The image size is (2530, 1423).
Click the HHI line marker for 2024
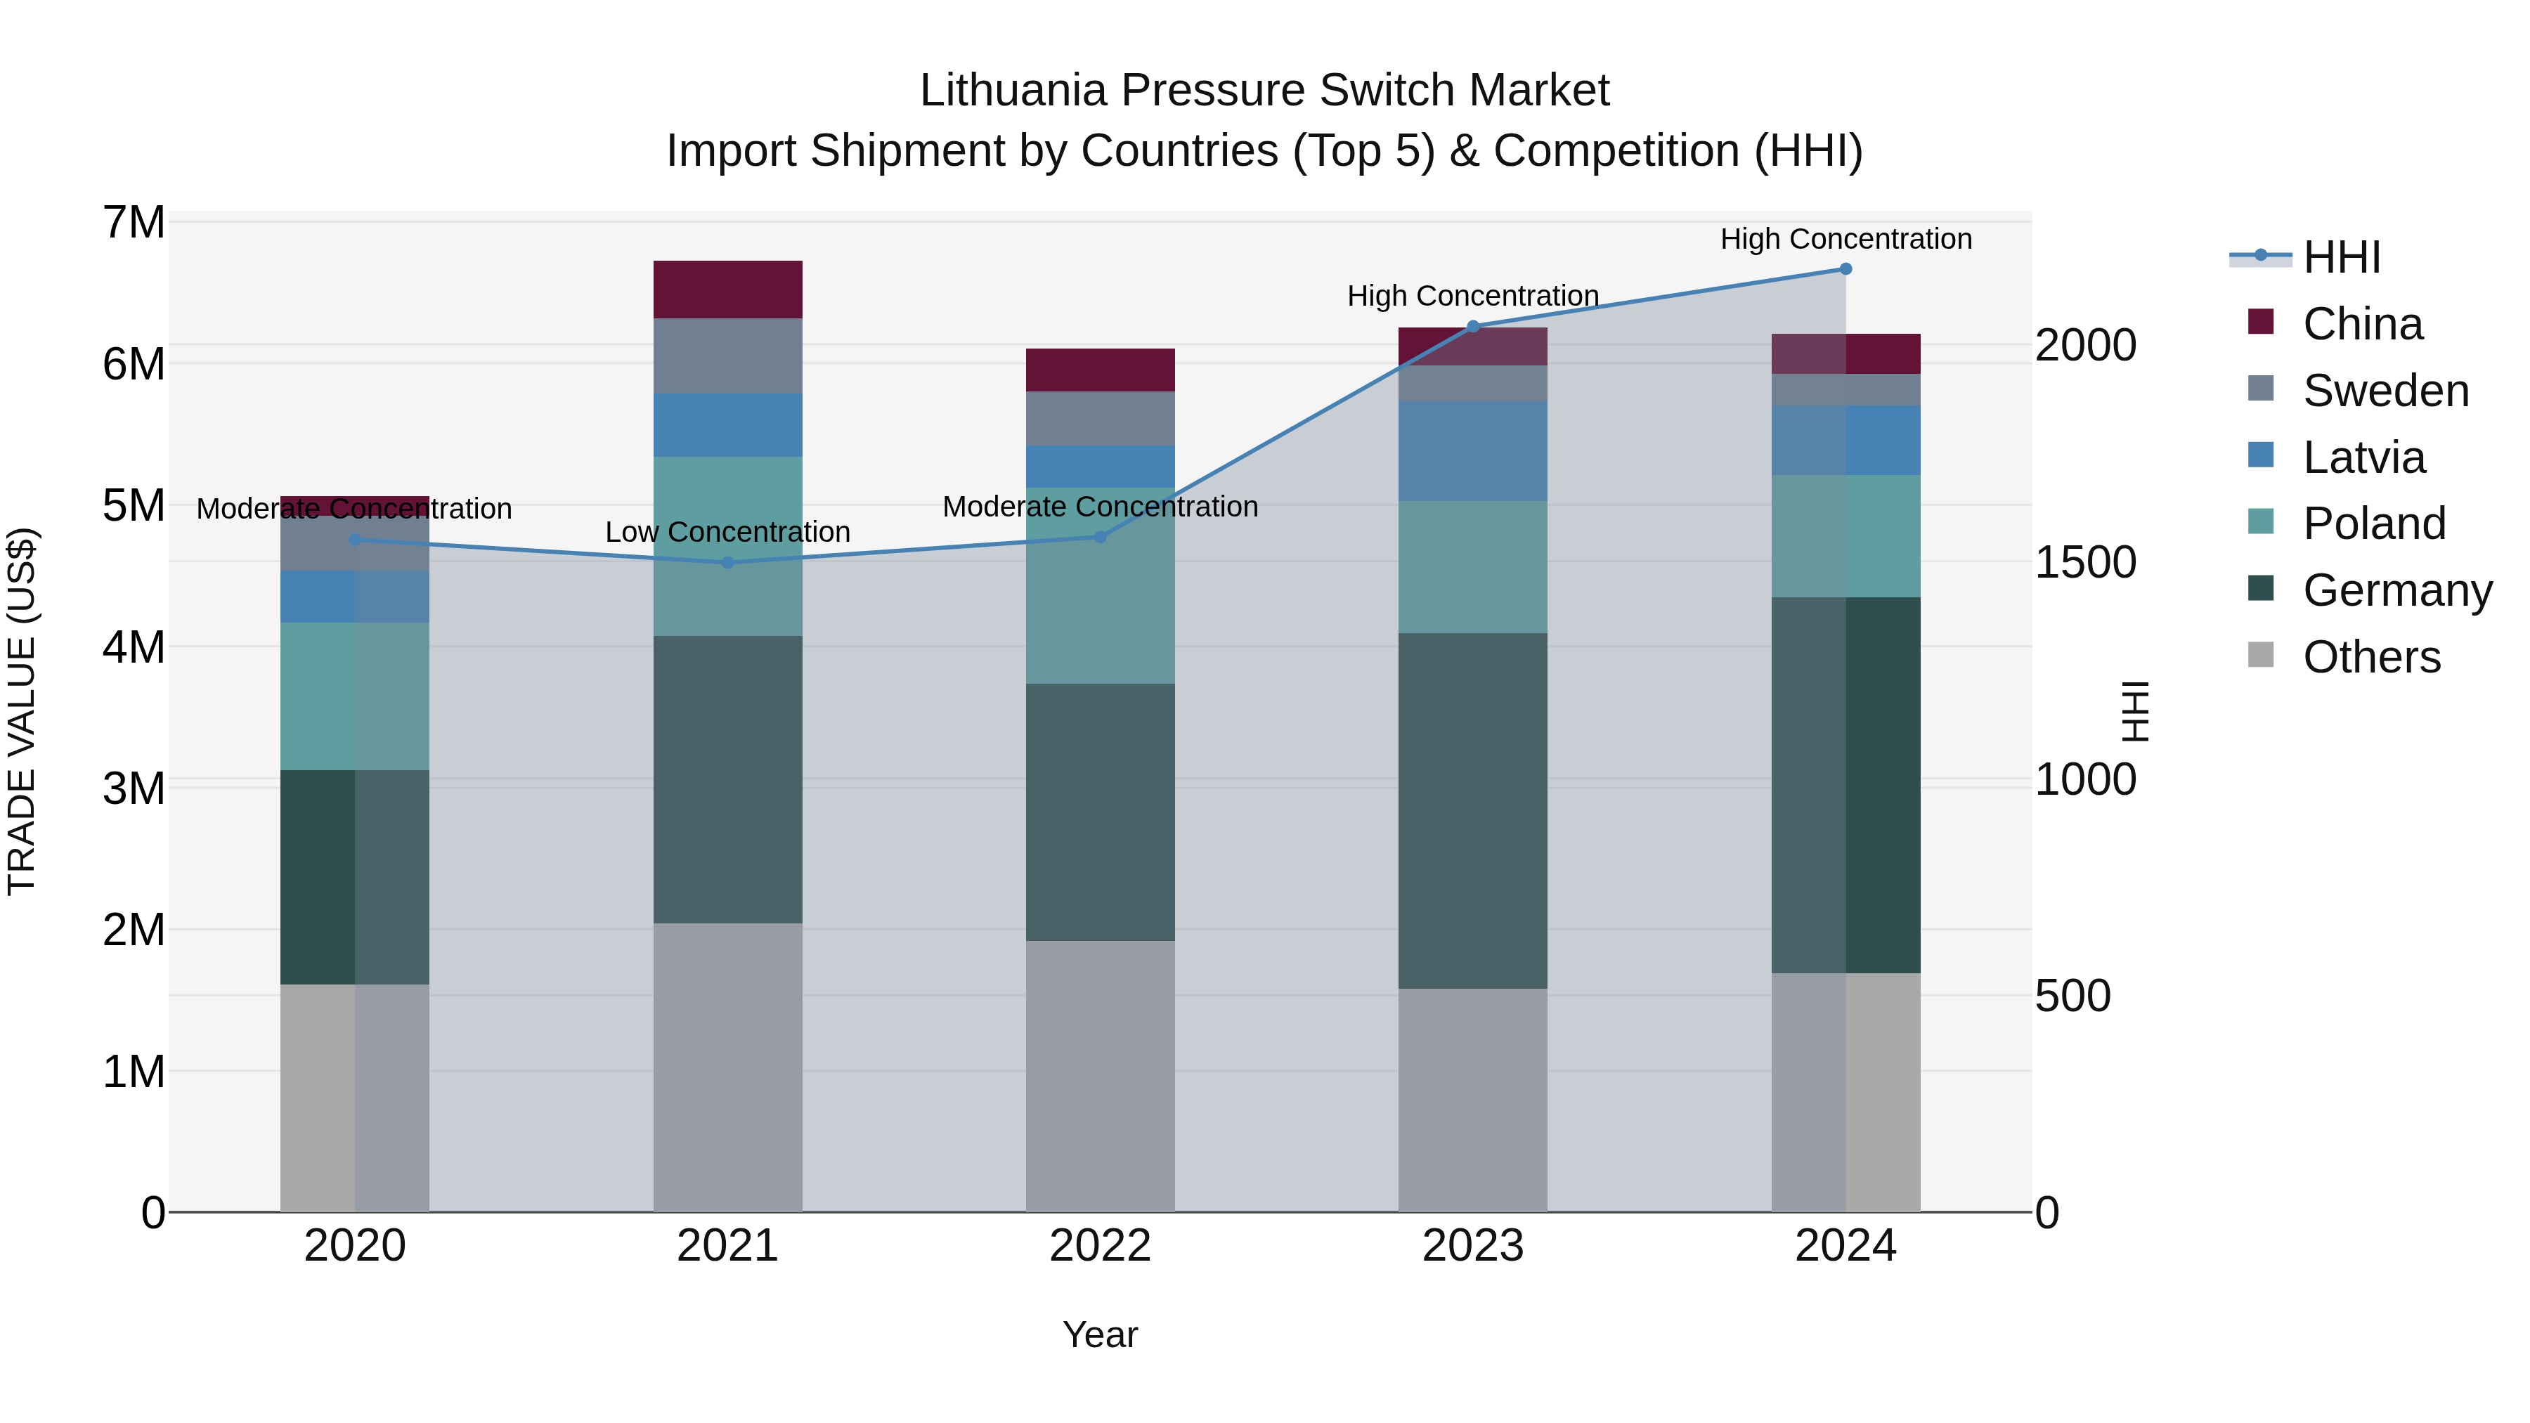click(x=1845, y=269)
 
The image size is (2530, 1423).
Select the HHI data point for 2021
click(x=728, y=563)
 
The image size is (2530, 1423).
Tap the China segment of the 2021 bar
click(x=728, y=290)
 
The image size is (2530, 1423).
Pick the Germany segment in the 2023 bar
click(x=1472, y=810)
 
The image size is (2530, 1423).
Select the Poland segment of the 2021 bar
click(x=728, y=546)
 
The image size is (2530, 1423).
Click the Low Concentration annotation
click(x=728, y=532)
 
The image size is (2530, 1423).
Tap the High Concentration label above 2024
click(x=1845, y=239)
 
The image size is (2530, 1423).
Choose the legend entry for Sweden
click(x=2385, y=391)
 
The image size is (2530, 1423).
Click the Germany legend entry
click(x=2396, y=590)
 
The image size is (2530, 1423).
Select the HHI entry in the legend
click(x=2342, y=257)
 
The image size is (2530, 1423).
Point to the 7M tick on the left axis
click(x=134, y=223)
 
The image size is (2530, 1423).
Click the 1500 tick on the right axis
click(x=2085, y=563)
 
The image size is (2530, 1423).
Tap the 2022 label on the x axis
click(x=1100, y=1246)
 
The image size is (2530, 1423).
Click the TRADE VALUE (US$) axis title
click(x=22, y=712)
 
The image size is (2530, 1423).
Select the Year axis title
click(x=1100, y=1334)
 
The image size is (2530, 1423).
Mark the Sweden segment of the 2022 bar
click(x=1100, y=418)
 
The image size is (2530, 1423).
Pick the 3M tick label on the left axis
click(x=134, y=788)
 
